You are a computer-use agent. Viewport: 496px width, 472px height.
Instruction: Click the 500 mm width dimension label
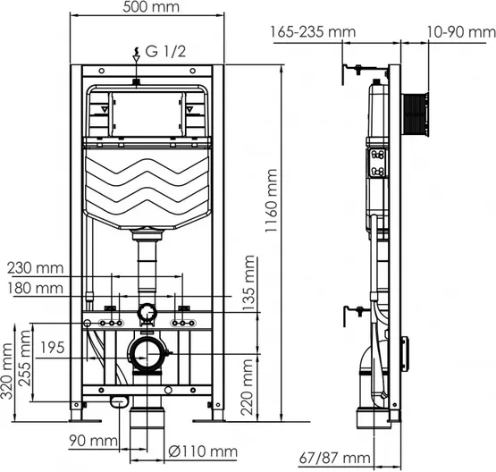(151, 7)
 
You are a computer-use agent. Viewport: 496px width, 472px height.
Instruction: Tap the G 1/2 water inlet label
(165, 52)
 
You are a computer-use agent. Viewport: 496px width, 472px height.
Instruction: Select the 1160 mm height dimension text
(271, 200)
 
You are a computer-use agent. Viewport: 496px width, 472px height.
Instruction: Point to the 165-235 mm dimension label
(313, 32)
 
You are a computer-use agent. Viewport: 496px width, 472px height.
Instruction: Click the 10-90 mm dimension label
(461, 32)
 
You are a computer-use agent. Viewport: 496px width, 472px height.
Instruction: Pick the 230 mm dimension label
(36, 268)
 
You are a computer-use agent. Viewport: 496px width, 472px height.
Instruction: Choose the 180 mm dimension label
(36, 289)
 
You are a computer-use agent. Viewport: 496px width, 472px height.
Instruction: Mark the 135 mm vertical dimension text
(248, 283)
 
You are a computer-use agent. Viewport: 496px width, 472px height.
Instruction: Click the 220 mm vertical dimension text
(247, 387)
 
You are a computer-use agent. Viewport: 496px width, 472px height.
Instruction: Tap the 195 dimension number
(53, 348)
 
